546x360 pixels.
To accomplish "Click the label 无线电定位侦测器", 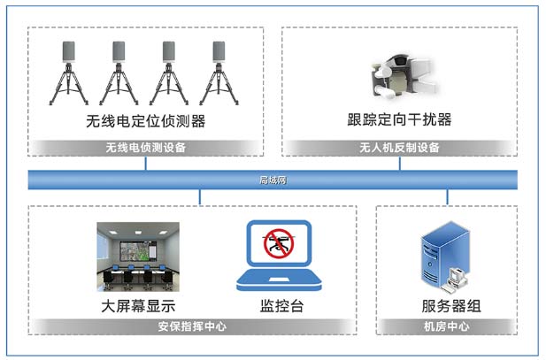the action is click(x=145, y=121).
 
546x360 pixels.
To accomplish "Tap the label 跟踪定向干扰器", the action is click(x=399, y=119).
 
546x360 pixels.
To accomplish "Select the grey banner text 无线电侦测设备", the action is click(x=145, y=147).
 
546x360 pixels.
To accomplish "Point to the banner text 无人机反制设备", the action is click(x=399, y=147).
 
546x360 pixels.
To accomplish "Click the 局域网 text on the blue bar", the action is click(x=273, y=180).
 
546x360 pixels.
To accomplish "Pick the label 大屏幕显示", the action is click(x=138, y=306).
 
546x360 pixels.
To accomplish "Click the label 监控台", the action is click(x=281, y=306).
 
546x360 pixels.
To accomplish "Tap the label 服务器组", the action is click(x=451, y=306).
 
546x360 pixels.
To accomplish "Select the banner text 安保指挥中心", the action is click(x=192, y=326).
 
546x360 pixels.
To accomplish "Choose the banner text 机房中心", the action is click(x=446, y=326).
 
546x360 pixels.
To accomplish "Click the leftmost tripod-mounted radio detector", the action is click(x=69, y=73).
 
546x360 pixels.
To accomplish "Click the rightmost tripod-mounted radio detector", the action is click(x=219, y=73).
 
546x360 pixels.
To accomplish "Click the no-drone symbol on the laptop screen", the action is click(x=279, y=243).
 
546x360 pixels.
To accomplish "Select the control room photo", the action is click(x=138, y=257).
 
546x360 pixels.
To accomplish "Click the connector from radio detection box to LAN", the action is click(x=145, y=164).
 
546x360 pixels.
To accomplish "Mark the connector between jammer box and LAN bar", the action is click(x=399, y=164).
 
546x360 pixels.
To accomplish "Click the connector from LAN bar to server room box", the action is click(x=447, y=197).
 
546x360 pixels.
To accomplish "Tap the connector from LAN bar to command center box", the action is click(x=199, y=197).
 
